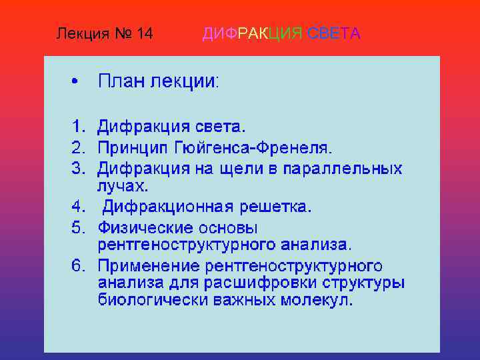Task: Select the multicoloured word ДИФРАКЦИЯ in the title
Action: point(253,33)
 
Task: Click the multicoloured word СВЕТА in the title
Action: point(334,33)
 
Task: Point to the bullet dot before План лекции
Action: point(75,82)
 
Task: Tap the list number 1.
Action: point(78,125)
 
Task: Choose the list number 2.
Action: point(78,146)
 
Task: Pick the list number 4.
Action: point(78,207)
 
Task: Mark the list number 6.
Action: point(78,266)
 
